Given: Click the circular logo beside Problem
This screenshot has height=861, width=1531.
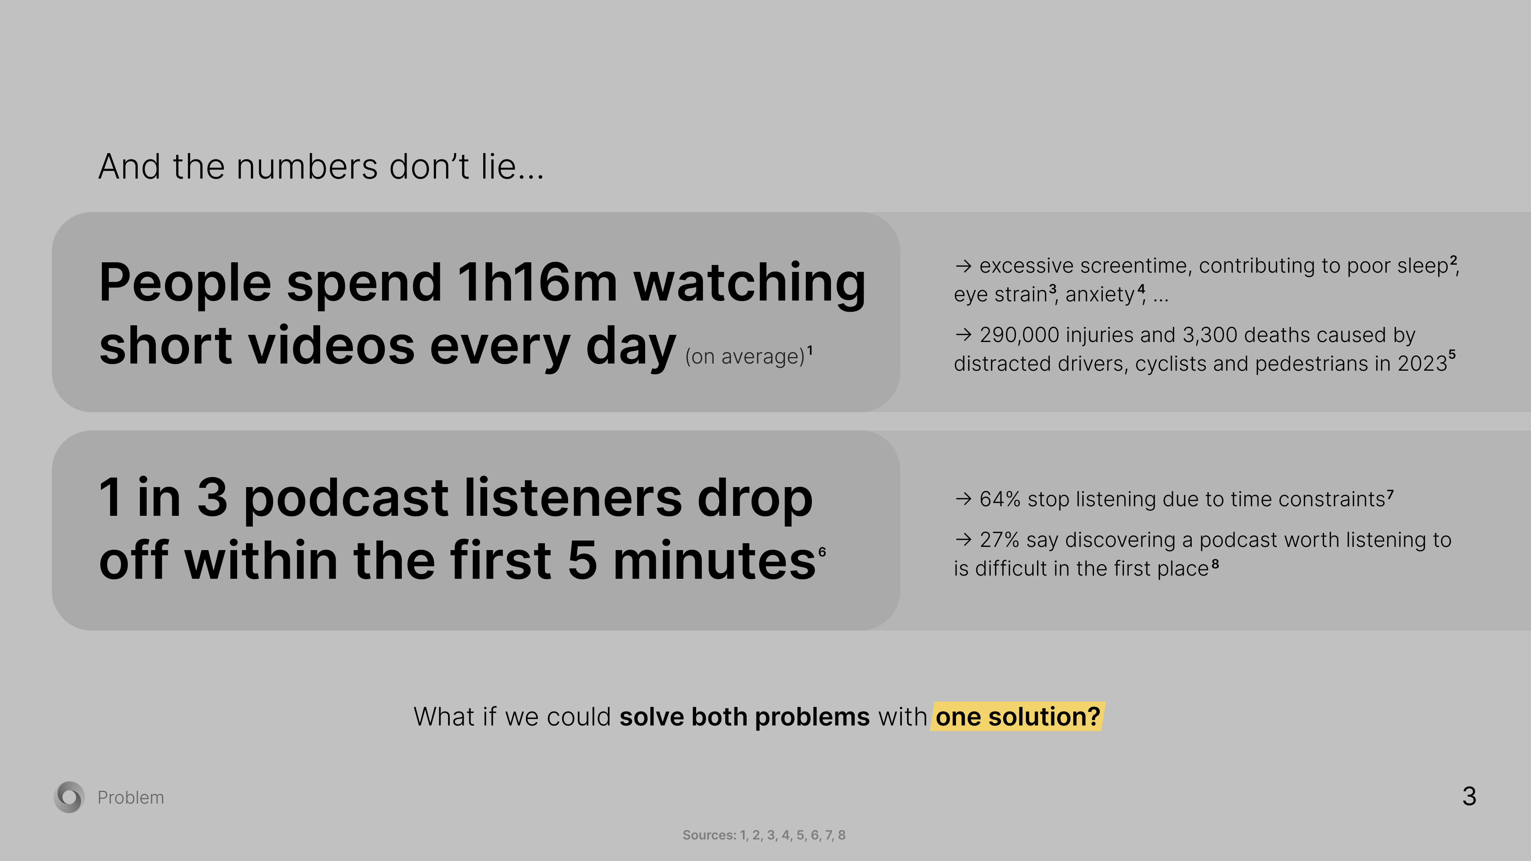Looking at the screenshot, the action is click(69, 797).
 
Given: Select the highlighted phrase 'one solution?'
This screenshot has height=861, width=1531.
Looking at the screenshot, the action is click(1017, 716).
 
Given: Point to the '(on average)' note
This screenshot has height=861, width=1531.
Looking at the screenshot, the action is click(745, 356).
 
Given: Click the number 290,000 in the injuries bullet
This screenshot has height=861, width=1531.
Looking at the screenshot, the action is click(1019, 335).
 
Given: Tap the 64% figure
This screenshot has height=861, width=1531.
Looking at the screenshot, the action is click(1000, 499).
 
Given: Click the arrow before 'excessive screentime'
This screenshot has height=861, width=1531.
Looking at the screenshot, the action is click(963, 265).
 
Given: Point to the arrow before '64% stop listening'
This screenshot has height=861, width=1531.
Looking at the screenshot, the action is click(963, 499).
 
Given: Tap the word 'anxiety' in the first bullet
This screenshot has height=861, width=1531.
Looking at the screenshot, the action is click(1100, 295).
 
